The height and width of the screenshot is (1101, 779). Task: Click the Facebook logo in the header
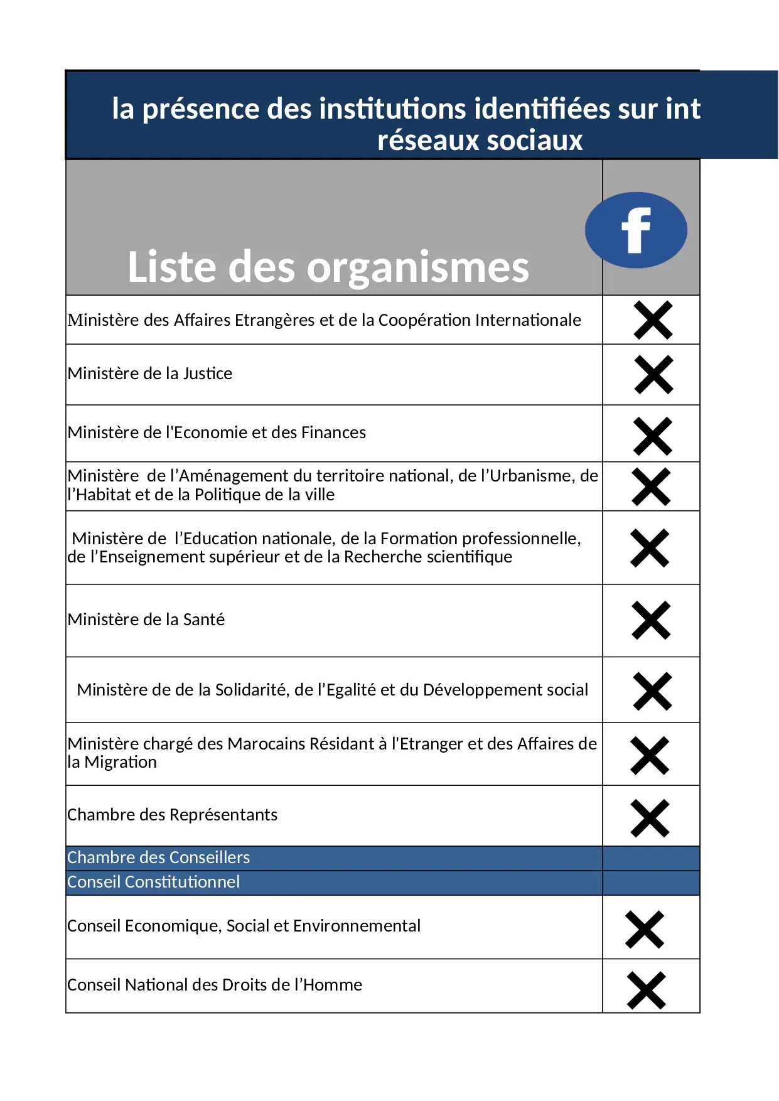[636, 230]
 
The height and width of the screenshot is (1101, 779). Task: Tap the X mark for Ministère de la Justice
[653, 375]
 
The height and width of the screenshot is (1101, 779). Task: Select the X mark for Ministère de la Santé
[651, 620]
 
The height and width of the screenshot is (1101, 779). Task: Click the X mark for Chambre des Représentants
[650, 818]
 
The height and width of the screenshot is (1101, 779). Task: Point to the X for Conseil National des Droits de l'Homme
[646, 991]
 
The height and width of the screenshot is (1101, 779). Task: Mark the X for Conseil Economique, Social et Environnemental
[645, 929]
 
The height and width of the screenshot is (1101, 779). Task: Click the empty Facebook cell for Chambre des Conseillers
[651, 858]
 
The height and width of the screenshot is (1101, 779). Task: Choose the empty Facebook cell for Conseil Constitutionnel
[651, 883]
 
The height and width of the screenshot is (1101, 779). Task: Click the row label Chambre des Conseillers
[159, 857]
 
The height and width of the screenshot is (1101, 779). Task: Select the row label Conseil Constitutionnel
[154, 882]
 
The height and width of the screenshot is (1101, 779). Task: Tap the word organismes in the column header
[417, 267]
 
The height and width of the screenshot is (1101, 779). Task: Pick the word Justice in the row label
[208, 373]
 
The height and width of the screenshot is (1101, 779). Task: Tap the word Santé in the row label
[203, 620]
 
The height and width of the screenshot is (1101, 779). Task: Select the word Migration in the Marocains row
[121, 762]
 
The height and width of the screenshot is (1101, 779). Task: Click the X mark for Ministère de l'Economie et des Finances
[653, 436]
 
